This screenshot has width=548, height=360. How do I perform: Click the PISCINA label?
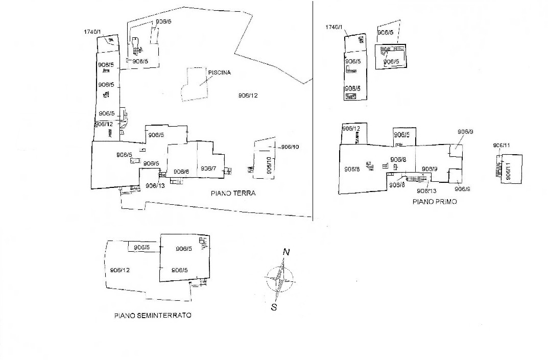[x=219, y=73]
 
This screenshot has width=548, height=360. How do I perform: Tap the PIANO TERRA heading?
[x=233, y=194]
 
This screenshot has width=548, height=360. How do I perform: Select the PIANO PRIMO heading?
[x=435, y=202]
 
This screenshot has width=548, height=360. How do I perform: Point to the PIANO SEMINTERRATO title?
[x=153, y=316]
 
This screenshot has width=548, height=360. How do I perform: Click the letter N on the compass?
[x=287, y=252]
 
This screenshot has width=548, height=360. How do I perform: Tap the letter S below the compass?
[x=274, y=307]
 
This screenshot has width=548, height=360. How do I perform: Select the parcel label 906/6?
[x=181, y=172]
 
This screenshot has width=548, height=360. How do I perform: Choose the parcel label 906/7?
[x=208, y=169]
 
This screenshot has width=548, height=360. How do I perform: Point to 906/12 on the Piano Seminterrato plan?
[x=120, y=270]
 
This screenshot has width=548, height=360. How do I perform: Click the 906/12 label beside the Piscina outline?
[x=248, y=95]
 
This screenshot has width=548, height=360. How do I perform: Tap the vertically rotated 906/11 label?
[x=508, y=171]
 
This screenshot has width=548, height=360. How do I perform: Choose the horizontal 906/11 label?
[x=501, y=146]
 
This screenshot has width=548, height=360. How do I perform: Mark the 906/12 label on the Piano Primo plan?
[x=351, y=129]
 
